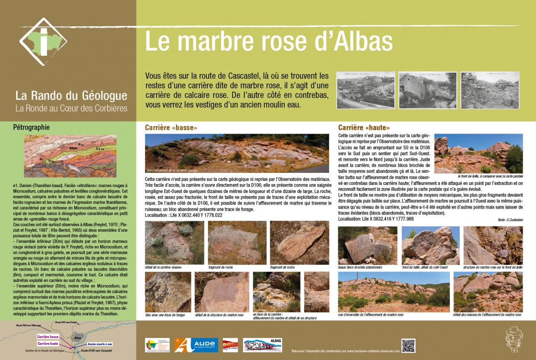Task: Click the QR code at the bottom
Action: (408, 346)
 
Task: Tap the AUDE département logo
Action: (196, 345)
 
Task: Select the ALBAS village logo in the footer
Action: (263, 345)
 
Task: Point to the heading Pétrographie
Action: (32, 127)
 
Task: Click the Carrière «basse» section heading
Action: (171, 128)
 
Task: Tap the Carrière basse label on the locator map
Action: (48, 336)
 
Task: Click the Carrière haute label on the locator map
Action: (48, 343)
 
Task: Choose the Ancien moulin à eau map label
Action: (100, 343)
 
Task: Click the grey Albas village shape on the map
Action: (78, 337)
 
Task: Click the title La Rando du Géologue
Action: (71, 95)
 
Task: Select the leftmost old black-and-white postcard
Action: (365, 90)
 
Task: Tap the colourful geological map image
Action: (65, 156)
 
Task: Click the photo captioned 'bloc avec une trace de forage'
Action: (167, 292)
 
